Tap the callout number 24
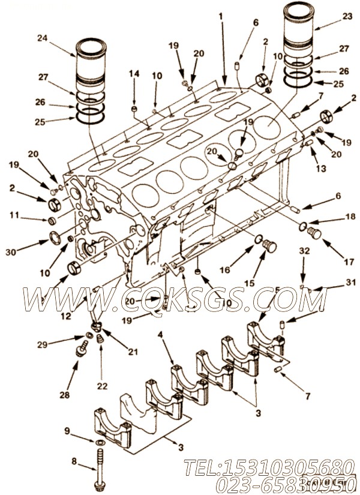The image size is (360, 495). point(41,38)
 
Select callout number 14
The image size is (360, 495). point(135,74)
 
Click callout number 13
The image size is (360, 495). point(321,170)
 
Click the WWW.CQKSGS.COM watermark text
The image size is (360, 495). point(174,296)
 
